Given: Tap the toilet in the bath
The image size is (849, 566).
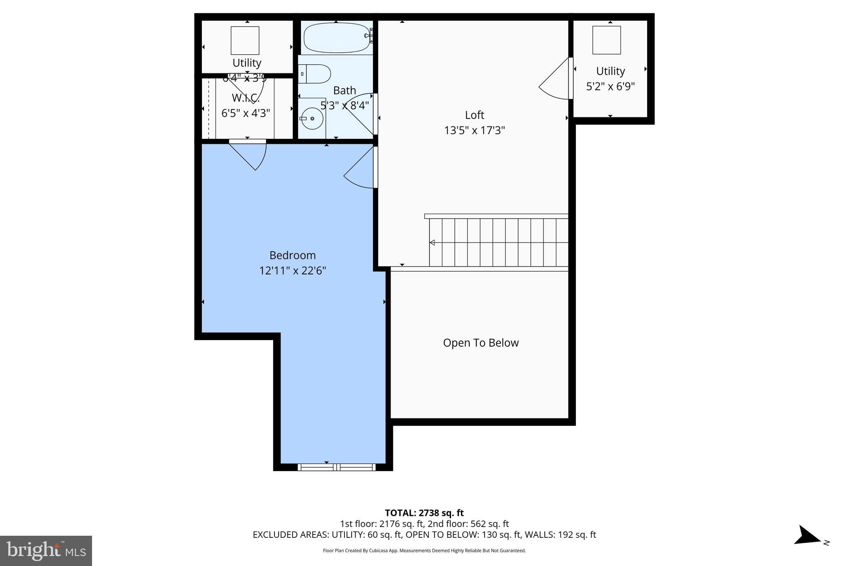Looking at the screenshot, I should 315,74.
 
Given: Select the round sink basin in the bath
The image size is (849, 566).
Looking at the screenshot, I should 312,119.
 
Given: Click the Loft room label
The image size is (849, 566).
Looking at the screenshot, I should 474,115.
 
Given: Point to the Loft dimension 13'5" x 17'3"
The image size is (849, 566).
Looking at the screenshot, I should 474,131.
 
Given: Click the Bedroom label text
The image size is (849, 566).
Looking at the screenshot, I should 292,255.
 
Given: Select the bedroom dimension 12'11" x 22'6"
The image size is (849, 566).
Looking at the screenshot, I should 292,271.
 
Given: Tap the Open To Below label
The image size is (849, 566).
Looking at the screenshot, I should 480,343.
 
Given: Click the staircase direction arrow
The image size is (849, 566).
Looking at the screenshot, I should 432,243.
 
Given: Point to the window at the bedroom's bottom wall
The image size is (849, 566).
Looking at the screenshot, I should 336,467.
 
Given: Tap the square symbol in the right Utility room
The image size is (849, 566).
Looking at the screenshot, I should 606,40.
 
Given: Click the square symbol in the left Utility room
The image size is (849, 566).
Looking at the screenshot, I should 245,41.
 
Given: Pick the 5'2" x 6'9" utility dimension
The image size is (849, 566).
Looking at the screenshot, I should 610,87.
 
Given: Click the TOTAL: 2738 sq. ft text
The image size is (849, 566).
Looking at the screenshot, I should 424,513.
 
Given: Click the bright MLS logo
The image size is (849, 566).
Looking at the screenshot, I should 46,550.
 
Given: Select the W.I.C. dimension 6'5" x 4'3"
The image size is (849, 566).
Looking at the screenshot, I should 245,113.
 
